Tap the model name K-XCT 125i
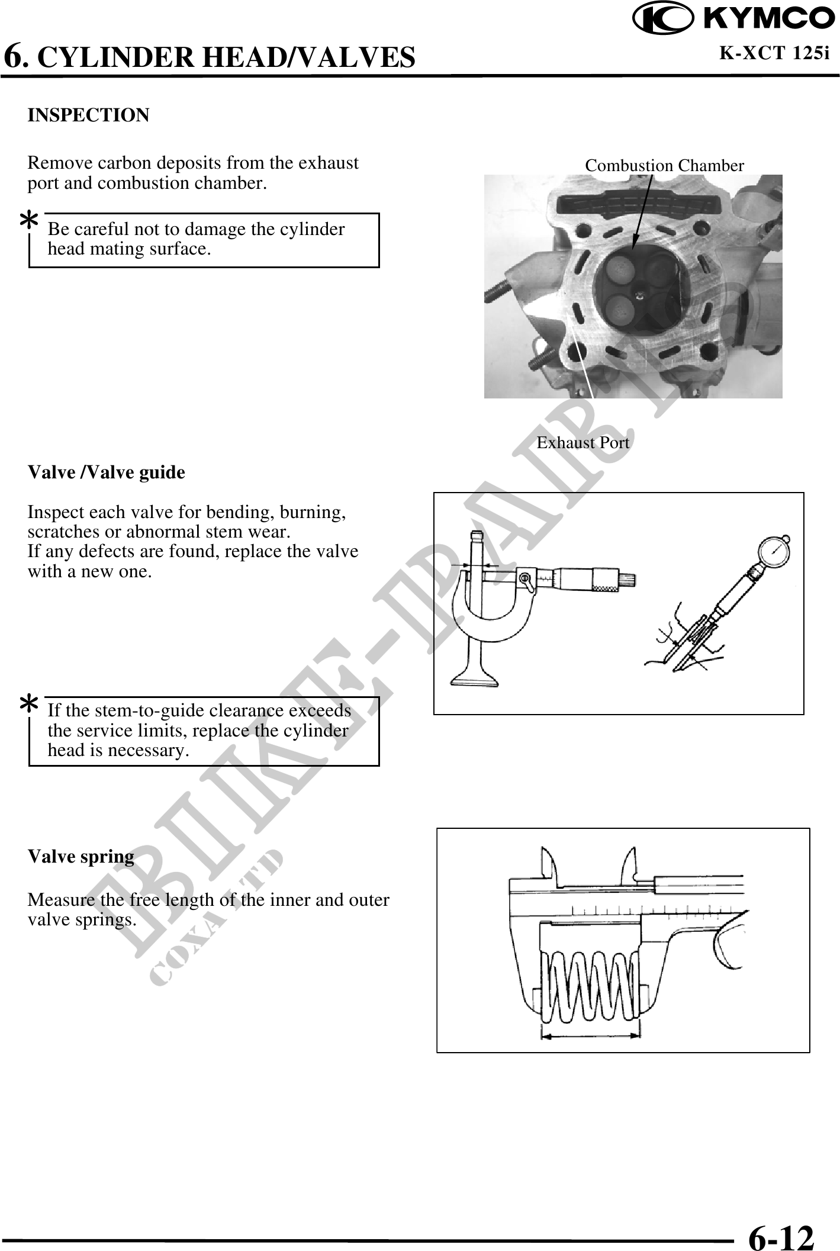(774, 53)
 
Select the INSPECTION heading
(89, 115)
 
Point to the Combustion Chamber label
(664, 166)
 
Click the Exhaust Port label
(583, 442)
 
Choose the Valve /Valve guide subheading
(107, 472)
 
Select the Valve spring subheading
(81, 857)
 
